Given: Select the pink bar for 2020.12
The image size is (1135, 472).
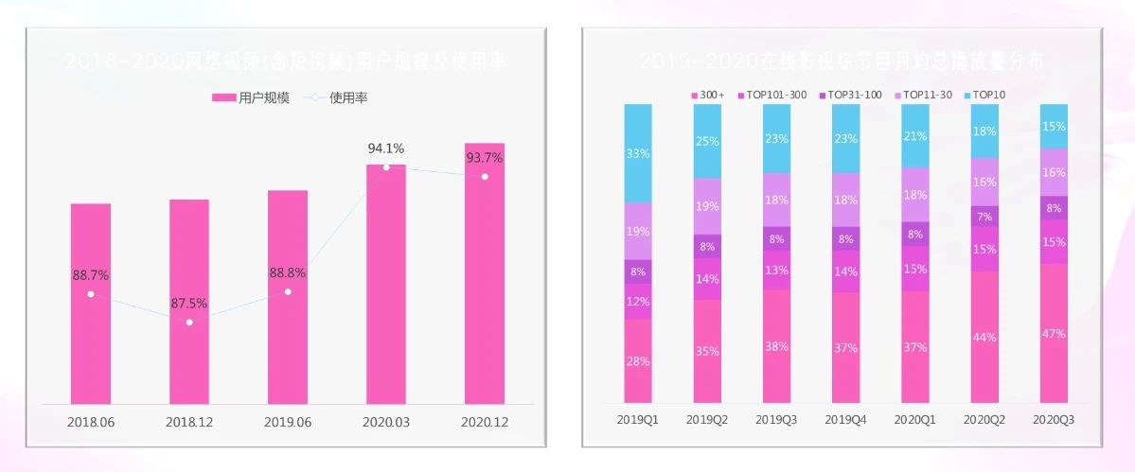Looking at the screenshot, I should click(x=485, y=284).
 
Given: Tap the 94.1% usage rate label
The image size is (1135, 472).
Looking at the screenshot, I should click(x=386, y=149).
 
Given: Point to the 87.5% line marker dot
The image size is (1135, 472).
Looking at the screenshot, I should click(x=189, y=323).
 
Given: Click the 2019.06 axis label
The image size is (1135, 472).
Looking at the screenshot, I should click(x=288, y=422).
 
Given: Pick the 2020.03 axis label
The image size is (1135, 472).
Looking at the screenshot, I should click(x=386, y=422).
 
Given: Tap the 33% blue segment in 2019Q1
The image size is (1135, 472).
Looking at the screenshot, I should click(x=638, y=153).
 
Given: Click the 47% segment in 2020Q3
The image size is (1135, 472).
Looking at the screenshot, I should click(x=1054, y=333).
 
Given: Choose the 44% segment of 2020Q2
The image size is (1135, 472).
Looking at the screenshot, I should click(x=984, y=337).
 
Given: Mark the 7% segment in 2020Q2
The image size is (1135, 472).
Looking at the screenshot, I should click(x=984, y=217).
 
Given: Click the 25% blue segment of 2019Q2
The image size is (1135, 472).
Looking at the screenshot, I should click(x=707, y=141).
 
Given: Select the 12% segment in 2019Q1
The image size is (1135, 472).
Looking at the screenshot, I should click(x=638, y=302).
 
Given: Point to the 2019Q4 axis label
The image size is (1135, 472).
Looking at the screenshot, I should click(x=846, y=419).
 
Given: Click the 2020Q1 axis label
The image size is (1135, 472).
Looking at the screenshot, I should click(x=915, y=419).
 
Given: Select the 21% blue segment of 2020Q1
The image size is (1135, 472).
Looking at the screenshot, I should click(x=915, y=135).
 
